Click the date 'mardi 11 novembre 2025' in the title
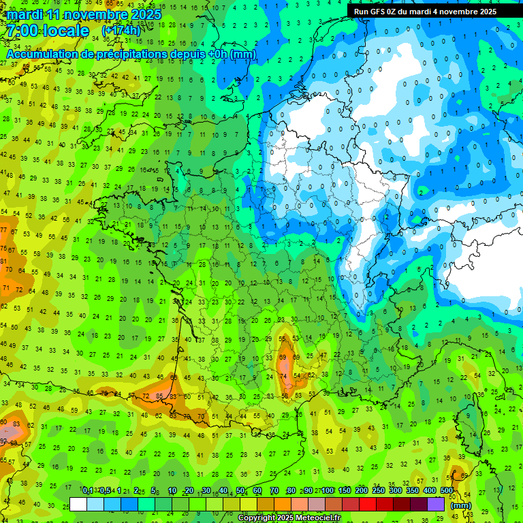click(x=84, y=14)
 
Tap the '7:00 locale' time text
click(x=48, y=31)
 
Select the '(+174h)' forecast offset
click(x=121, y=31)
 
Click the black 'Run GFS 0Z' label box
click(x=425, y=12)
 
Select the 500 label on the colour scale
click(x=447, y=491)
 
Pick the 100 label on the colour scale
click(x=328, y=491)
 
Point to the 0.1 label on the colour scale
click(x=88, y=491)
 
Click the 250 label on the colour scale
click(x=379, y=491)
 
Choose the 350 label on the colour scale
click(x=413, y=491)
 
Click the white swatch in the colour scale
click(x=78, y=504)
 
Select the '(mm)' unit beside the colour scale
click(x=461, y=505)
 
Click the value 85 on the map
click(x=159, y=396)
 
